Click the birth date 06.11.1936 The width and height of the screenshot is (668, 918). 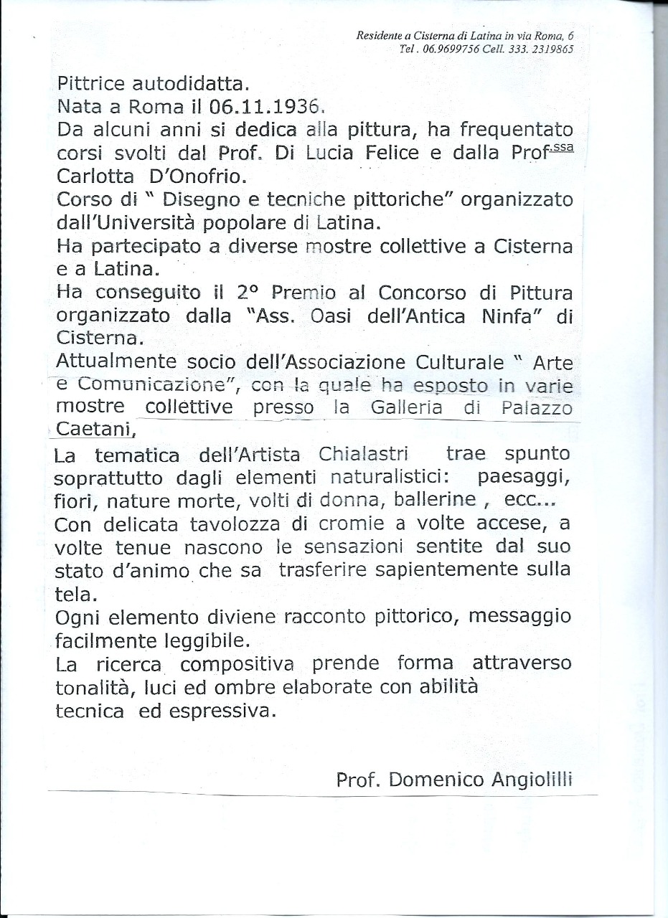pos(264,108)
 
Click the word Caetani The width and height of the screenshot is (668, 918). pos(93,429)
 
